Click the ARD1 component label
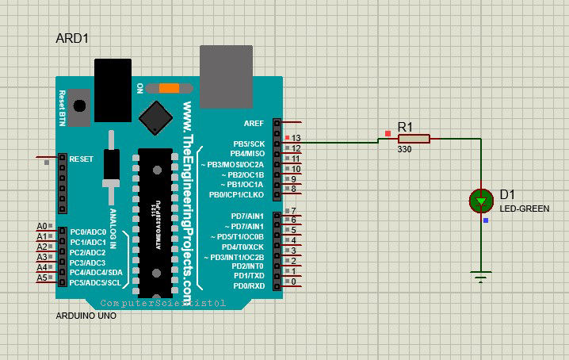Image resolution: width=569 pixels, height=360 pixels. [x=71, y=39]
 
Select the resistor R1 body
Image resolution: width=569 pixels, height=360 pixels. [x=414, y=139]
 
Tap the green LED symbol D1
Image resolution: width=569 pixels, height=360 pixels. [x=481, y=201]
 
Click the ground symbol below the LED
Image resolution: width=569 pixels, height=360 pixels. [x=480, y=277]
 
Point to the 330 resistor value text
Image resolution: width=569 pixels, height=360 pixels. [x=404, y=149]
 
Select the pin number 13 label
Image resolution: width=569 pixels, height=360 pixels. [x=296, y=138]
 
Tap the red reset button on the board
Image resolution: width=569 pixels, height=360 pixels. [x=79, y=105]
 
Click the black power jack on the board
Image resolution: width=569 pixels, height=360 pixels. [x=112, y=79]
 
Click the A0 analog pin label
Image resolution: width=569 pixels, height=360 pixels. [x=43, y=227]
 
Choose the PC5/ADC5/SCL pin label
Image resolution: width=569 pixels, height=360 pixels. [x=95, y=282]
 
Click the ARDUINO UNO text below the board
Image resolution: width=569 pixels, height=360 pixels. [x=86, y=316]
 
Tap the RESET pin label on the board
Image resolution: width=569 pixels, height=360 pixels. [x=81, y=159]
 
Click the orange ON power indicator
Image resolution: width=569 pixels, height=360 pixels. [x=169, y=87]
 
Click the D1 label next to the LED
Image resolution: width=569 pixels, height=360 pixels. [x=507, y=195]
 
